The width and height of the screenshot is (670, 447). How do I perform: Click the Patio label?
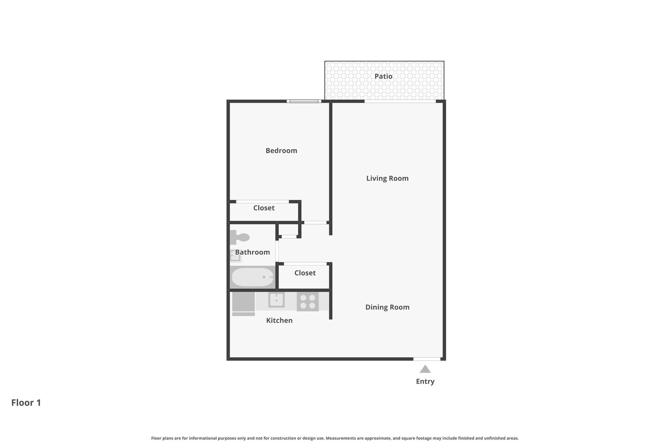pyautogui.click(x=383, y=76)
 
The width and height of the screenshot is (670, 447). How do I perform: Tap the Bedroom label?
pyautogui.click(x=281, y=151)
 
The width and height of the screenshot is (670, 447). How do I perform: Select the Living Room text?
pyautogui.click(x=387, y=178)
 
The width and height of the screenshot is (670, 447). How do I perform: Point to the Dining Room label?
pyautogui.click(x=387, y=307)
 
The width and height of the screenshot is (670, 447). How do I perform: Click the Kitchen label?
pyautogui.click(x=279, y=320)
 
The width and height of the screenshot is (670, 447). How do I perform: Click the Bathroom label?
pyautogui.click(x=252, y=252)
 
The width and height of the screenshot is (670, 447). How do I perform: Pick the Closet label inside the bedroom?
pyautogui.click(x=264, y=208)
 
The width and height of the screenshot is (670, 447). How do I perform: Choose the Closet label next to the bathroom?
pyautogui.click(x=305, y=273)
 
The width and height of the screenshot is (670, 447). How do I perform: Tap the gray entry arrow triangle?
pyautogui.click(x=425, y=369)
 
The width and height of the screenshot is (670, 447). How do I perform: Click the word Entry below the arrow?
pyautogui.click(x=425, y=381)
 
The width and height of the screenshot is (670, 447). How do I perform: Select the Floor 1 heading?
pyautogui.click(x=26, y=403)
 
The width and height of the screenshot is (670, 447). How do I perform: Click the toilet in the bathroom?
pyautogui.click(x=240, y=237)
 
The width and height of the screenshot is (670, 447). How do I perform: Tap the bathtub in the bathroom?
pyautogui.click(x=252, y=277)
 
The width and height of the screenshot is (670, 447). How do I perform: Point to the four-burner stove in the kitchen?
pyautogui.click(x=307, y=301)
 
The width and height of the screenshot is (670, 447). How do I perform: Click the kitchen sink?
pyautogui.click(x=276, y=300)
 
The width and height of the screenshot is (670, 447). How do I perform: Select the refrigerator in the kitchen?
pyautogui.click(x=243, y=302)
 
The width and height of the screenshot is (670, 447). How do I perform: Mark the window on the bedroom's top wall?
pyautogui.click(x=304, y=101)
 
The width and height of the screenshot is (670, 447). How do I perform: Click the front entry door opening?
pyautogui.click(x=427, y=359)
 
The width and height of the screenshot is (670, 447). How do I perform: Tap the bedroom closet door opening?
pyautogui.click(x=262, y=201)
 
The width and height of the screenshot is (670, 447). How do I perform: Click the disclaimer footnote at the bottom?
pyautogui.click(x=335, y=438)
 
